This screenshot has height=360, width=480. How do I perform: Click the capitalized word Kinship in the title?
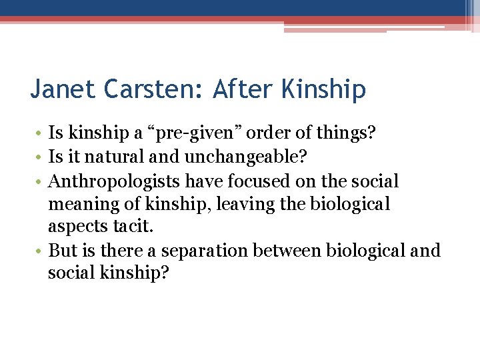pyautogui.click(x=322, y=89)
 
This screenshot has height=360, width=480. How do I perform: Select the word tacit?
pyautogui.click(x=132, y=227)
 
